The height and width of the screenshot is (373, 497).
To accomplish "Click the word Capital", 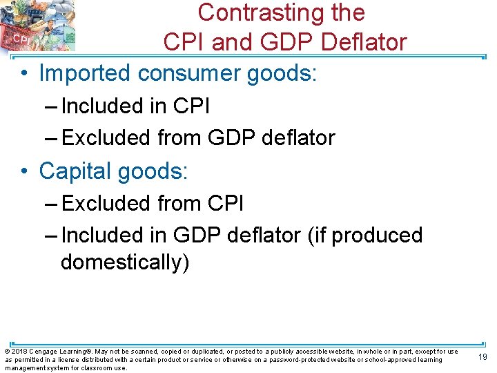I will coord(77,171).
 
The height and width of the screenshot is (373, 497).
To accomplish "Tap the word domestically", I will coord(124,263).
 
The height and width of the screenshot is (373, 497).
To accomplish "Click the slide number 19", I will coord(483,356).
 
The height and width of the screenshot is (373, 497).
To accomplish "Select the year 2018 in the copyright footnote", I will coord(18,352).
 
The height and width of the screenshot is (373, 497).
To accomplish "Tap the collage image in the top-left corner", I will coord(37,26).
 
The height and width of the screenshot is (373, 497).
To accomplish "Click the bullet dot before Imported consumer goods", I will coord(24,73).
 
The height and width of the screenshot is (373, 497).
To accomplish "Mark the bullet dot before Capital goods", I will coord(24,171).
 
